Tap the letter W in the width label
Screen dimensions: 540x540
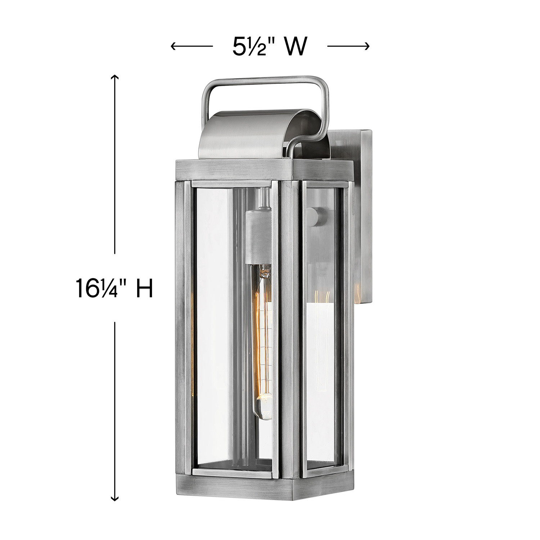point(296,47)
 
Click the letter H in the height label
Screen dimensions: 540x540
point(144,288)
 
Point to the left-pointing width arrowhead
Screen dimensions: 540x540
point(174,46)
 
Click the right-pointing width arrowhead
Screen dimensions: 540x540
point(367,46)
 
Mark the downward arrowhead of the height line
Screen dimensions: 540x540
point(114,498)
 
